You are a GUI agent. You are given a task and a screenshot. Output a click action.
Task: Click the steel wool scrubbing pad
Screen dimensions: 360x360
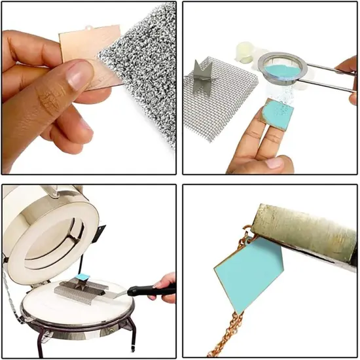141,52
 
